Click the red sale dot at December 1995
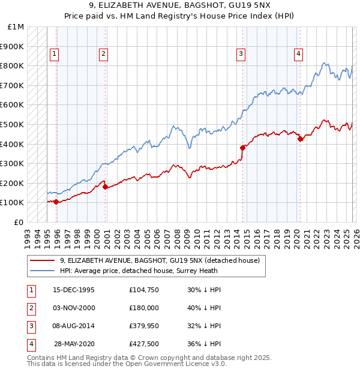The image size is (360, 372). (56, 202)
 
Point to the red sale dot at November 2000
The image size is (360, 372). (105, 187)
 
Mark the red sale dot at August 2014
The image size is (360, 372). (242, 148)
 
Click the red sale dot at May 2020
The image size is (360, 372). (300, 139)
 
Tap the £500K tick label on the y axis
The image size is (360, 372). (12, 125)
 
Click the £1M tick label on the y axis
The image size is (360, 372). (16, 27)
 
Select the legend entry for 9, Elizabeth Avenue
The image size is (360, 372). (159, 260)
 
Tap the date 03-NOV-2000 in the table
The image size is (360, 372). (74, 307)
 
